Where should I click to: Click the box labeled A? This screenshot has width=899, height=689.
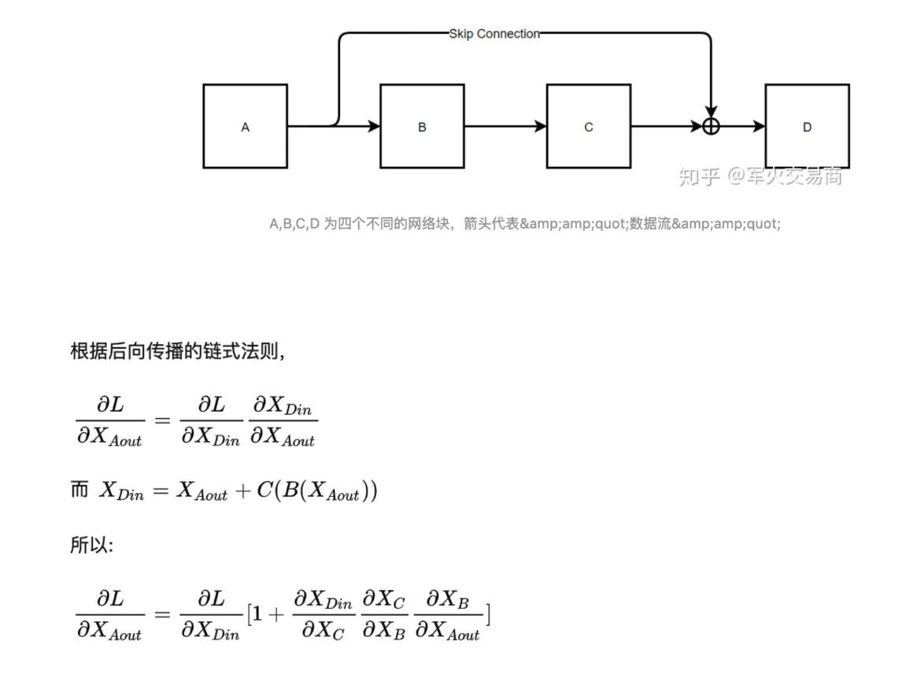[x=245, y=126]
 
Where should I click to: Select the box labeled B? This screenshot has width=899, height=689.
[x=422, y=126]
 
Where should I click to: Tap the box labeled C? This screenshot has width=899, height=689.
[x=588, y=126]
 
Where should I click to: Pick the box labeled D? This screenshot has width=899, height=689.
[x=807, y=126]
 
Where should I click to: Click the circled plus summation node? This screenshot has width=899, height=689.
[x=711, y=126]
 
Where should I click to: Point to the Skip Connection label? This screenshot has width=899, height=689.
[x=494, y=34]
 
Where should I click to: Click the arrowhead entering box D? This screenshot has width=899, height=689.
[x=759, y=126]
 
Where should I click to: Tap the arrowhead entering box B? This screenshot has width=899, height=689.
[x=373, y=126]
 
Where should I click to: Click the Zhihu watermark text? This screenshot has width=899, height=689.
[x=760, y=176]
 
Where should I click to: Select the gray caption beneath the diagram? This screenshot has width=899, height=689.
[x=524, y=224]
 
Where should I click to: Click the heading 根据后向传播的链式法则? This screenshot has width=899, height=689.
[x=177, y=351]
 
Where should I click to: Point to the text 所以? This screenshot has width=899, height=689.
[x=92, y=545]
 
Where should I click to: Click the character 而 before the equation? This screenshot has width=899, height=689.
[x=80, y=490]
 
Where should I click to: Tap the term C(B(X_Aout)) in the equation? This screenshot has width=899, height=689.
[x=317, y=491]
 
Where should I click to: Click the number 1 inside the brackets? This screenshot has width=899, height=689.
[x=257, y=613]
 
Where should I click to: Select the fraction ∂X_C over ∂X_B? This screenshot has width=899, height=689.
[x=383, y=615]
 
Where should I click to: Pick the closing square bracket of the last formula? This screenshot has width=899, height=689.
[x=488, y=613]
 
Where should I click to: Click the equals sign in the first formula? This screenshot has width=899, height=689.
[x=161, y=420]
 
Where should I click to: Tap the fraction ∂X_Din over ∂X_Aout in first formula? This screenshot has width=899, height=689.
[x=283, y=421]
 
